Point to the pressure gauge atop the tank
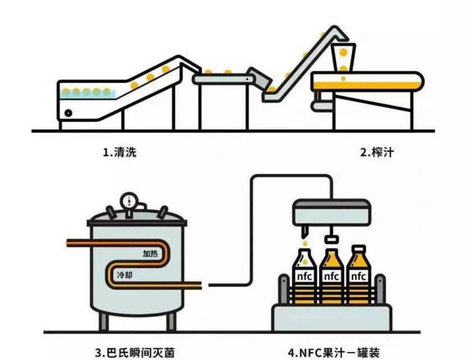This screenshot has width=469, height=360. point(128,201)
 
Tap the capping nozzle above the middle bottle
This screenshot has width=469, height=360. point(330,236)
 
